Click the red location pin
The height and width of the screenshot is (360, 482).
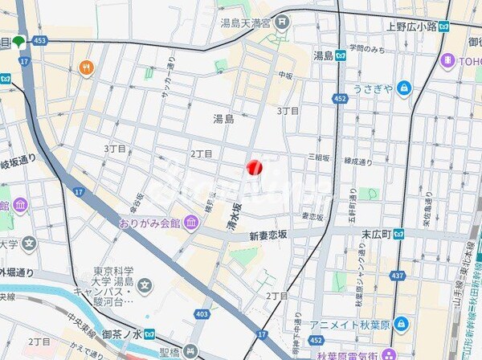click(x=254, y=166)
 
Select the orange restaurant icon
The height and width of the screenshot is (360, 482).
click(x=87, y=67)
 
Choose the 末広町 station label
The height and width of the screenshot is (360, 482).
click(x=375, y=234)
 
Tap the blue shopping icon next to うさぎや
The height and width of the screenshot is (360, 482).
click(x=402, y=88)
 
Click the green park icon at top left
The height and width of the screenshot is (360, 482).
click(x=18, y=41)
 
